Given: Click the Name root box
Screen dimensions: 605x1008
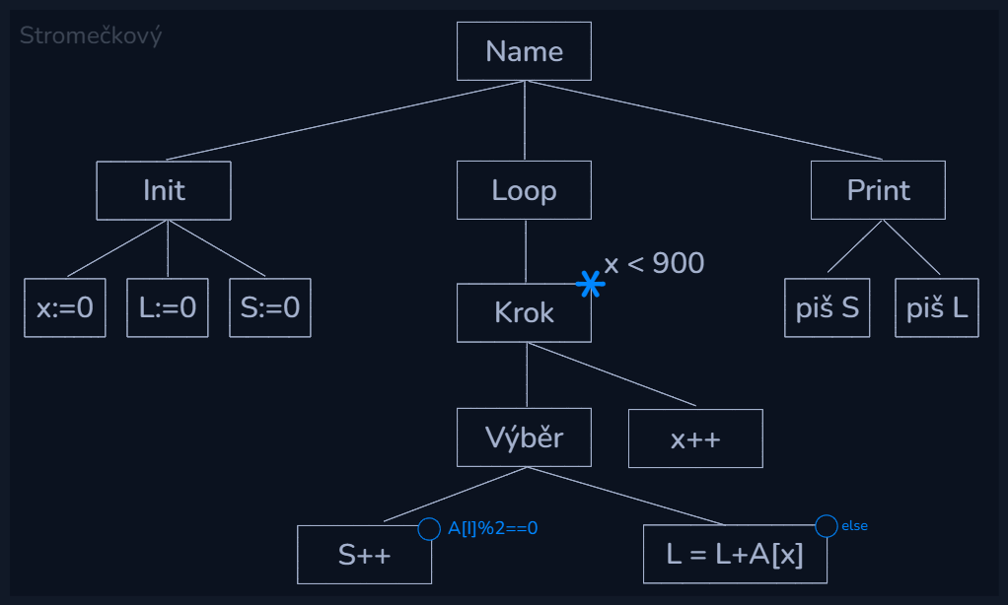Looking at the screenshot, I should coord(524,51).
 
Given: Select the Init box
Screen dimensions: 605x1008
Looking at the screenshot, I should coord(164,190).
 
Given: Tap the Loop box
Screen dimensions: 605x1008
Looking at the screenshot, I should coord(524,190).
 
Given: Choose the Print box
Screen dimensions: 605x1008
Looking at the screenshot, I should coord(878,190).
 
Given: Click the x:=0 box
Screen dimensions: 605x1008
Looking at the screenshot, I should coord(65,308).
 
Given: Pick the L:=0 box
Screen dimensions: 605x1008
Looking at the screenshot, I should coord(168,308).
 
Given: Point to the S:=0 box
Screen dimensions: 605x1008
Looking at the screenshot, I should coord(270,308).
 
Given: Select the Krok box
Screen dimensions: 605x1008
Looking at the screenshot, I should coord(524,313).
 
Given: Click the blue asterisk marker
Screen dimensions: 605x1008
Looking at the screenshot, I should coord(590,285).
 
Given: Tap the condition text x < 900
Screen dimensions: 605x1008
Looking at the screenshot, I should coord(654,263).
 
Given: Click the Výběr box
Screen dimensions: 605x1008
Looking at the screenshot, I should coord(524,437).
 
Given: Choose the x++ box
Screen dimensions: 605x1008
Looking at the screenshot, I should coord(695,438).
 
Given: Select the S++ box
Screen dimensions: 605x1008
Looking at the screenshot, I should coord(365,555).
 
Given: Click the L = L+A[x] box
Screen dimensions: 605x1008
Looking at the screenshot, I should coord(735,555).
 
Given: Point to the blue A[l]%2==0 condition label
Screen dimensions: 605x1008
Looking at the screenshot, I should coord(492,528).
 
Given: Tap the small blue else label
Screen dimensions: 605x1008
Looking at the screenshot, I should coord(854,526).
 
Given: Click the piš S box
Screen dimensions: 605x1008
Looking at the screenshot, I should coord(828,308).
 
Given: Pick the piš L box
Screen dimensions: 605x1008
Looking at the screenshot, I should coord(937,308).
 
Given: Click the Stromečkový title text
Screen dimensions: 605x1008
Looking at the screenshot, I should coord(91,36).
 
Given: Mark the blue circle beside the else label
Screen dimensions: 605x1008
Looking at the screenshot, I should coord(827,526).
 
